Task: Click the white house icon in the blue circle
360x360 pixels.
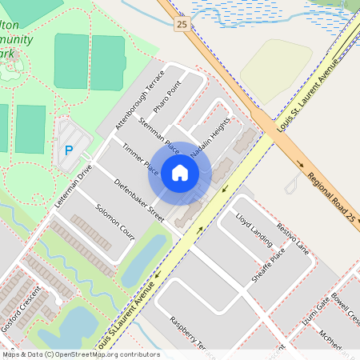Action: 180,172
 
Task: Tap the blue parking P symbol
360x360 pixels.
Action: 68,150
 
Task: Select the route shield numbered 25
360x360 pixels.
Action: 182,25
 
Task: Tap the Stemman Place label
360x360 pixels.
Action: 158,132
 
